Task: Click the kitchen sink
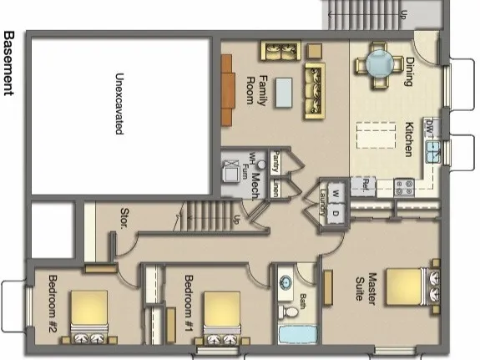pyautogui.click(x=434, y=150)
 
